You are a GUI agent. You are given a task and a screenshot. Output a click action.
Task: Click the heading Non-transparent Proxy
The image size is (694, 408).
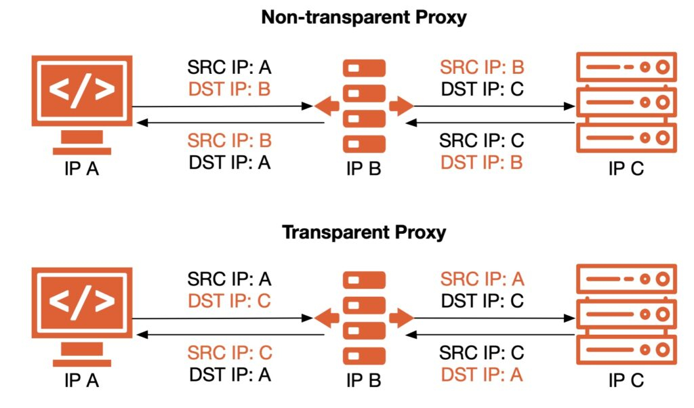pyautogui.click(x=364, y=17)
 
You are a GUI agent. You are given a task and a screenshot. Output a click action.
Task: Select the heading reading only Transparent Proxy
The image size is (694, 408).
pyautogui.click(x=364, y=232)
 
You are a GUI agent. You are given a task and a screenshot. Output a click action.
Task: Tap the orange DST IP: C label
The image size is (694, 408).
pyautogui.click(x=229, y=300)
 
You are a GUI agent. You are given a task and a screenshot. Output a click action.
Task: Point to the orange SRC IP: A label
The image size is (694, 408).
pyautogui.click(x=482, y=279)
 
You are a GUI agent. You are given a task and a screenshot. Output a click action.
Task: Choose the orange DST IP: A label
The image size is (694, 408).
pyautogui.click(x=482, y=374)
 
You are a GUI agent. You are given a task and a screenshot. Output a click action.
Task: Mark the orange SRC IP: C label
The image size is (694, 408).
pyautogui.click(x=229, y=352)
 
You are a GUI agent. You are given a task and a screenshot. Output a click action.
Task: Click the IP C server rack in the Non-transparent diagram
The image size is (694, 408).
pyautogui.click(x=626, y=102)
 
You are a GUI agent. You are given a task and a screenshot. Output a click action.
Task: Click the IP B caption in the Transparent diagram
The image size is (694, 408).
pyautogui.click(x=364, y=382)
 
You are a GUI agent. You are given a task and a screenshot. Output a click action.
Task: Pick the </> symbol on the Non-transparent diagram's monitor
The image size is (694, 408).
pyautogui.click(x=81, y=89)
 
